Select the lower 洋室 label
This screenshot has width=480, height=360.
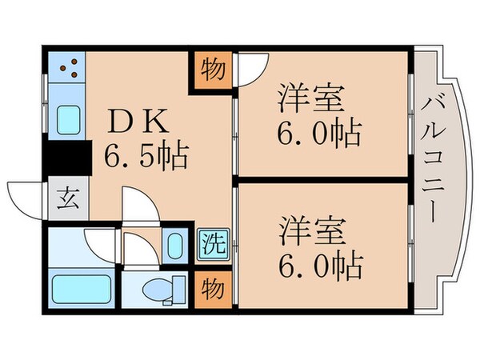pos(313,230)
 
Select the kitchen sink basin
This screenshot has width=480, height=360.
pos(68,121)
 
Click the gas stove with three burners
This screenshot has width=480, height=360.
pos(68,67)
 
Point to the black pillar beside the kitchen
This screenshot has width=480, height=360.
pos(66,161)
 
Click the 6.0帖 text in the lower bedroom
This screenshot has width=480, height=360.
pos(318,262)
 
